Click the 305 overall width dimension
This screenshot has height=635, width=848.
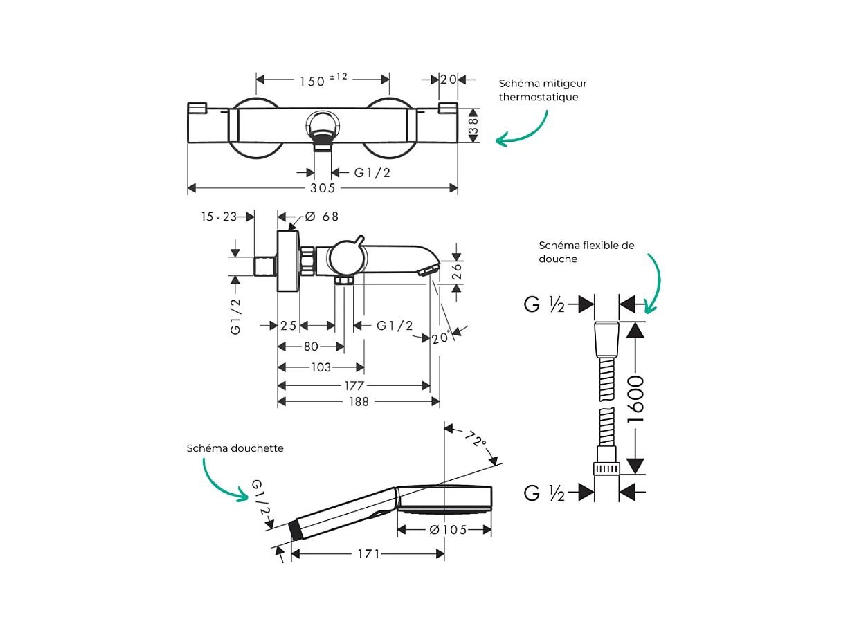pos(322,188)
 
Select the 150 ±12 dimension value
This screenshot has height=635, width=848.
pos(323,80)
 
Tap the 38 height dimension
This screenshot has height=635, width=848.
pos(473,125)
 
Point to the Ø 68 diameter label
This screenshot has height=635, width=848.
pos(322,217)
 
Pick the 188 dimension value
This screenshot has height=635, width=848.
pos(357,401)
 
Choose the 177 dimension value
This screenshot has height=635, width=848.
pos(354,385)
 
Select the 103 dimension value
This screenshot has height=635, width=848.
pos(321,367)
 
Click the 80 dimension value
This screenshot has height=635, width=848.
pos(311,347)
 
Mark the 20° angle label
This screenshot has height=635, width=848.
pos(440,338)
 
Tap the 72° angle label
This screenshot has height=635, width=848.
pos(474,440)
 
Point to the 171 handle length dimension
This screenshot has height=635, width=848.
pos(369,554)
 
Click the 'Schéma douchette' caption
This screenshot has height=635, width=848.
pos(235,448)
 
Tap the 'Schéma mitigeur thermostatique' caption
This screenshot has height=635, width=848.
pos(542,90)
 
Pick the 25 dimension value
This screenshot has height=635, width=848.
pos(289,326)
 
